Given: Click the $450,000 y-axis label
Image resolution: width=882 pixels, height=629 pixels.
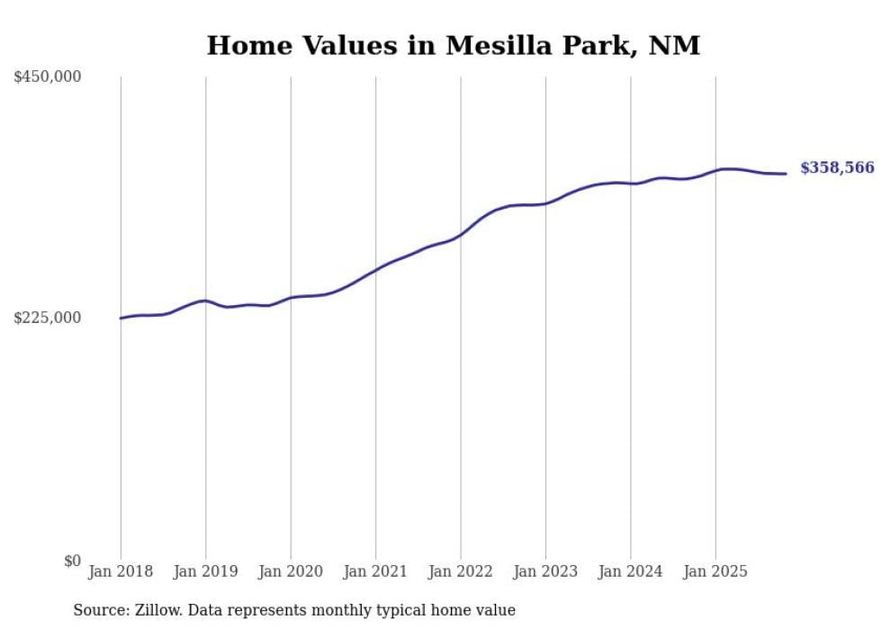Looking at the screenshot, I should coord(48,77).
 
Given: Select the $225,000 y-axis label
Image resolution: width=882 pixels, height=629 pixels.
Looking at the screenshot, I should coord(48,318).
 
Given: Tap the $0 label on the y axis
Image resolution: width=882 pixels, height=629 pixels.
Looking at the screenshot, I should coord(72,561).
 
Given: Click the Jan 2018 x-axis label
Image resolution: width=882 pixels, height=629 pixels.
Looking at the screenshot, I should coord(121,571).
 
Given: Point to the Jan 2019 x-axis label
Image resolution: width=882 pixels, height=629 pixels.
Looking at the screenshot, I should coord(205,571).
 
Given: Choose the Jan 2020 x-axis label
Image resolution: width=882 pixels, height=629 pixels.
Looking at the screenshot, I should coord(291,571).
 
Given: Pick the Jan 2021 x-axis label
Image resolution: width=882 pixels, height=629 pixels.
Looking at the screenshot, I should coord(375,571).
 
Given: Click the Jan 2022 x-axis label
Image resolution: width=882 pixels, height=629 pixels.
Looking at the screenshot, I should coord(461,571).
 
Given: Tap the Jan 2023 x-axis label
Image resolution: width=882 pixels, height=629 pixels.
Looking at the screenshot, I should coord(545,571).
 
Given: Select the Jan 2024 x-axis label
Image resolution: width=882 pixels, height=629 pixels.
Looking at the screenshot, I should coord(631,571).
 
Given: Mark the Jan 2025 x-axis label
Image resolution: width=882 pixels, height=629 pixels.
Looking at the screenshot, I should coord(715,571).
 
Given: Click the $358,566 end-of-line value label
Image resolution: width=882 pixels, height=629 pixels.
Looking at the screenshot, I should coord(837,168).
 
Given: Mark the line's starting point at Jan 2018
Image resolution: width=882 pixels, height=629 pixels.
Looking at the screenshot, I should coord(121,318).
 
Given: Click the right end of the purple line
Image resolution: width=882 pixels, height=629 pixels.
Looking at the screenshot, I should coord(787,174).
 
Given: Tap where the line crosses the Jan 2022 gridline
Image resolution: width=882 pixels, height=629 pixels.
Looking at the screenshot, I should coord(461,234).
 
